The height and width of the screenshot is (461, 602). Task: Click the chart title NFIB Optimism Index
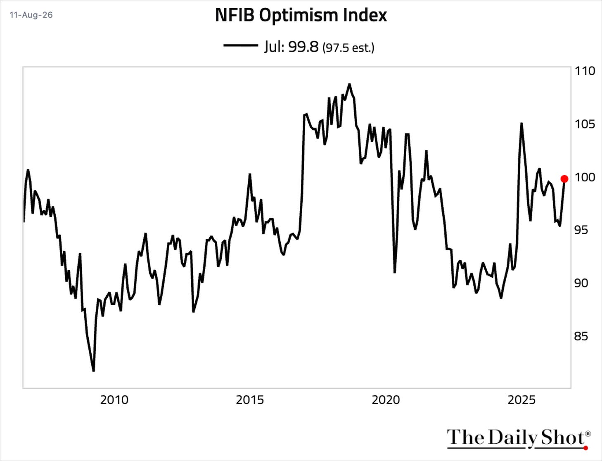pyautogui.click(x=301, y=15)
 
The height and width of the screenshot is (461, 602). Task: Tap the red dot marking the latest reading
pyautogui.click(x=564, y=179)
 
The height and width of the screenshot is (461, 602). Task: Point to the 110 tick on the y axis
pyautogui.click(x=585, y=71)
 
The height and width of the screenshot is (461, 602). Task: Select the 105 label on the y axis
pyautogui.click(x=585, y=124)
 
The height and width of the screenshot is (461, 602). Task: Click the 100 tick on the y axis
pyautogui.click(x=585, y=177)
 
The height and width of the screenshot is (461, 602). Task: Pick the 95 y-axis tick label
pyautogui.click(x=581, y=230)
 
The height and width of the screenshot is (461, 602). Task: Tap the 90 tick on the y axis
pyautogui.click(x=581, y=283)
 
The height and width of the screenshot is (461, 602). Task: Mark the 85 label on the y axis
pyautogui.click(x=581, y=336)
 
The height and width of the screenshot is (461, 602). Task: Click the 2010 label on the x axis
pyautogui.click(x=114, y=400)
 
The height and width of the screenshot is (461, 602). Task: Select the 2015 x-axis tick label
pyautogui.click(x=250, y=400)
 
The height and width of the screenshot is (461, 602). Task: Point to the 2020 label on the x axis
pyautogui.click(x=386, y=400)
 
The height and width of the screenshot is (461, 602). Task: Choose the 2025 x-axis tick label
pyautogui.click(x=521, y=400)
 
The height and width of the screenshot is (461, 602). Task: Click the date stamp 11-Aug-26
pyautogui.click(x=31, y=15)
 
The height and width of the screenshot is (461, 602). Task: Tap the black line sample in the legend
pyautogui.click(x=241, y=45)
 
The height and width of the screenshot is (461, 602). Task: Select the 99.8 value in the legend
pyautogui.click(x=303, y=47)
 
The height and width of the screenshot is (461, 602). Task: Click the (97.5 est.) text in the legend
pyautogui.click(x=348, y=48)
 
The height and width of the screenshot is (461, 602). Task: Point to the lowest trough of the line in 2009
pyautogui.click(x=94, y=371)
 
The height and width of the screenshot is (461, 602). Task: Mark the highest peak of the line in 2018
pyautogui.click(x=349, y=84)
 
